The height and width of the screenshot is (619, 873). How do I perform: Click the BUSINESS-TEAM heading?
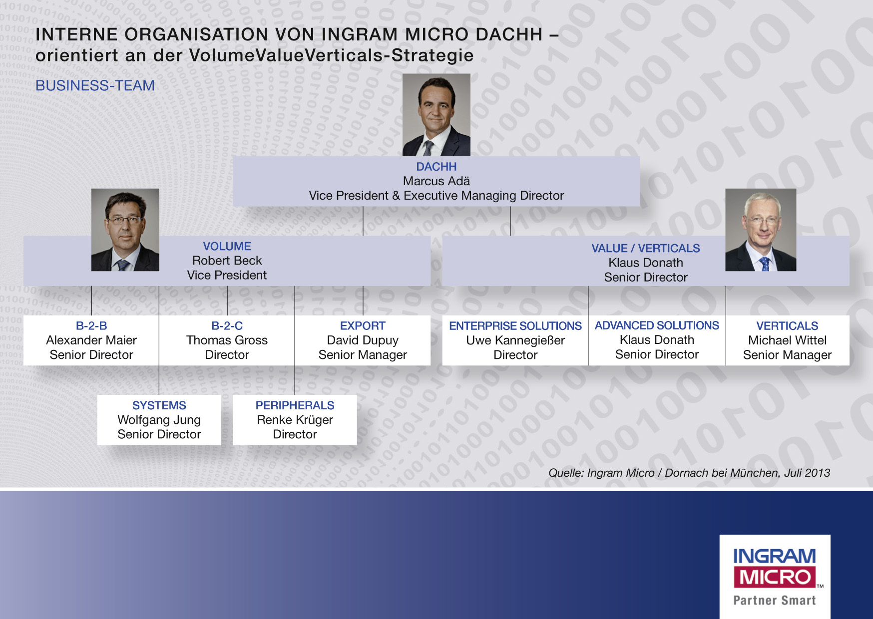tap(95, 85)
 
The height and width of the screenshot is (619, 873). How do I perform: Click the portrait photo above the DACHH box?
tap(436, 115)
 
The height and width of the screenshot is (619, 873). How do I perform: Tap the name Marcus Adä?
tap(436, 181)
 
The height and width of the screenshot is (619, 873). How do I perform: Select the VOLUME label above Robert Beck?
tap(227, 246)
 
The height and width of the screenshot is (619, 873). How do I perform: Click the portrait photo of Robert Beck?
tap(125, 230)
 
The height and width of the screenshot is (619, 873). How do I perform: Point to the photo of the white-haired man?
tap(760, 230)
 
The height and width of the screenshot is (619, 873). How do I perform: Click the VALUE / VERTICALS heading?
tap(645, 248)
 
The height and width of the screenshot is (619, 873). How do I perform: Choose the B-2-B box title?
tap(91, 325)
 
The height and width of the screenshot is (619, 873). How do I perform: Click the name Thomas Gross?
tap(227, 340)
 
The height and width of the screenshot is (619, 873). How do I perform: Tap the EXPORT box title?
tap(363, 325)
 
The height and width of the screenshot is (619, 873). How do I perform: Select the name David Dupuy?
tap(363, 340)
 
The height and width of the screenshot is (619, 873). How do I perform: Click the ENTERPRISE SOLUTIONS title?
tap(515, 325)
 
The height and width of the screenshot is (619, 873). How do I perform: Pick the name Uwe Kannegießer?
tap(515, 340)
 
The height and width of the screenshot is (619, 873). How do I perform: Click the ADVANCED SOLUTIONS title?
tap(657, 325)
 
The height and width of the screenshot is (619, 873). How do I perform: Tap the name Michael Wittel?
tap(787, 340)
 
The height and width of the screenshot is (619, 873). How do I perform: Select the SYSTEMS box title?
tap(159, 405)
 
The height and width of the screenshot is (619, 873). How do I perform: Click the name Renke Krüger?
tap(295, 419)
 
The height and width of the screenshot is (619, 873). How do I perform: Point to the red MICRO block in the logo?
tap(774, 577)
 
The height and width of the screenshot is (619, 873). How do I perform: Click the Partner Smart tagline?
tap(774, 600)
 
